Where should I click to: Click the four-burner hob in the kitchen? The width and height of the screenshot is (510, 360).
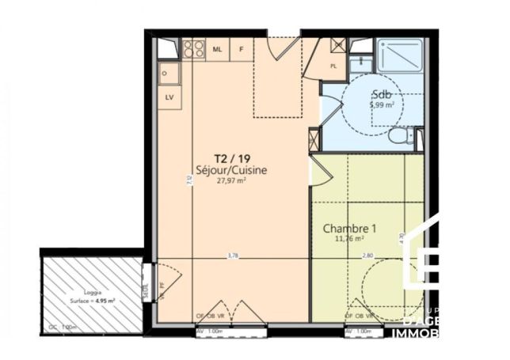[x=194, y=50]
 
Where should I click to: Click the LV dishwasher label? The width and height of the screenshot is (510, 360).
[x=169, y=97]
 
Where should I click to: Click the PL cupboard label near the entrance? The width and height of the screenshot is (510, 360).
[x=333, y=66]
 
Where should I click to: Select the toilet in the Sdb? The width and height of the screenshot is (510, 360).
[x=400, y=135]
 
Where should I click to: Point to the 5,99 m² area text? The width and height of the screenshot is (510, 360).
[x=382, y=104]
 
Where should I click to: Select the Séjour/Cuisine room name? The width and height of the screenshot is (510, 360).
[x=231, y=169]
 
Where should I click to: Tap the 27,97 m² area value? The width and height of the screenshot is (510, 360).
[x=231, y=180]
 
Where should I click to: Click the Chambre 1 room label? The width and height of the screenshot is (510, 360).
[x=348, y=229]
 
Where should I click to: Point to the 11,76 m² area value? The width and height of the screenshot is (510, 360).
[x=348, y=238]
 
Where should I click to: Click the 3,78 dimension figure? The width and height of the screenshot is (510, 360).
[x=233, y=256]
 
